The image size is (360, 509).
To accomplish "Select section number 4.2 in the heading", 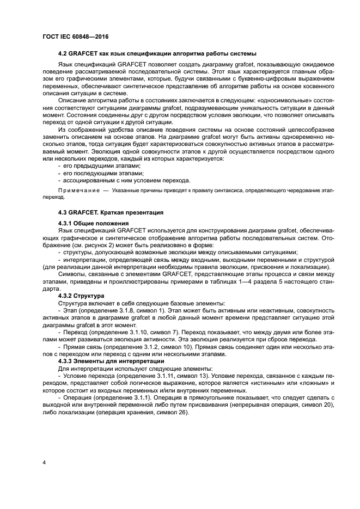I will point(63,54).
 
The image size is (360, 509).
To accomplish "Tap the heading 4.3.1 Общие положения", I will point(93,223).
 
